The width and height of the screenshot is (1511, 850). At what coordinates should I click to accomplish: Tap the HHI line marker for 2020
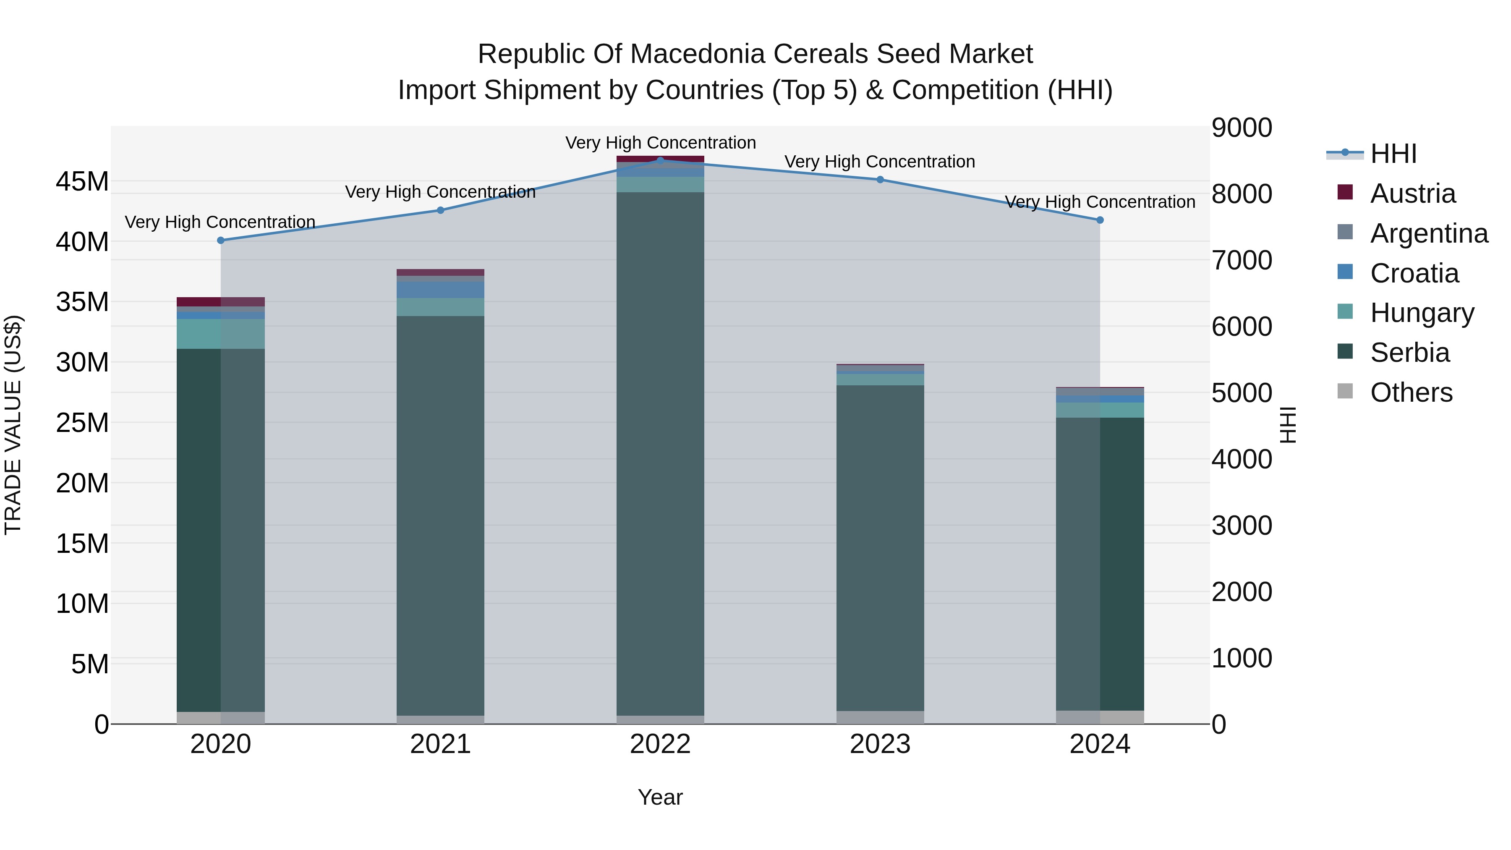click(220, 241)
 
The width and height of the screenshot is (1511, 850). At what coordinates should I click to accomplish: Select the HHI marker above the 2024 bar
click(1100, 220)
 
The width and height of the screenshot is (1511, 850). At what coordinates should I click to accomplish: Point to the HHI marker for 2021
click(441, 210)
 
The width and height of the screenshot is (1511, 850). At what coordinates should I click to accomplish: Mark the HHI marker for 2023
click(880, 180)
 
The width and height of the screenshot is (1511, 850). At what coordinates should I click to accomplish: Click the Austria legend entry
click(1412, 194)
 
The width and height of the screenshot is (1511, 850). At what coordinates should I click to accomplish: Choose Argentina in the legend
click(1429, 233)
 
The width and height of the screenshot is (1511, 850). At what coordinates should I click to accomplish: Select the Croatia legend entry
click(1414, 273)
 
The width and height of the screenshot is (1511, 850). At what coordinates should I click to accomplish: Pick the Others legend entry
click(1411, 392)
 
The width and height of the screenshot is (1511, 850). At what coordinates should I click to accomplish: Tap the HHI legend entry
click(1393, 154)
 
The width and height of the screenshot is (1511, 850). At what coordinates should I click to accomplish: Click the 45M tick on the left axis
click(82, 182)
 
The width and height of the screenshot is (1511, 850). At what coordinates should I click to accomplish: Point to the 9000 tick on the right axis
click(1242, 128)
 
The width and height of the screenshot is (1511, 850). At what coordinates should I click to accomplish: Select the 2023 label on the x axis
click(880, 744)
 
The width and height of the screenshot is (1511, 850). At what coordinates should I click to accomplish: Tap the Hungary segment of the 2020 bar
click(220, 334)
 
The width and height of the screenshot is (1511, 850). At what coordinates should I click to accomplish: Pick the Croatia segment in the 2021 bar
click(441, 290)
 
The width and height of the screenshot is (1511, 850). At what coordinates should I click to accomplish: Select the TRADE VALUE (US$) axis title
click(13, 425)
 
